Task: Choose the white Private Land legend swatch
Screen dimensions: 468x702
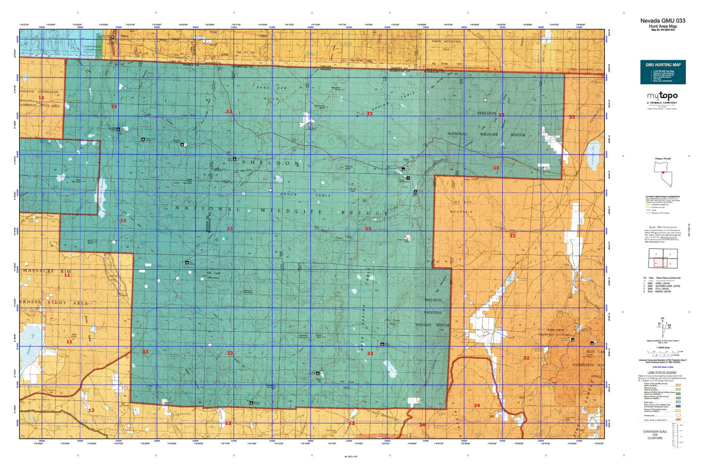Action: point(678,416)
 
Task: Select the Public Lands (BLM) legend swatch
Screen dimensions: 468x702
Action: point(678,385)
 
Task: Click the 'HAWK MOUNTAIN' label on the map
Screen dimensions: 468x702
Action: point(446,42)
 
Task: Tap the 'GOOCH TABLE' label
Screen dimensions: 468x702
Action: point(305,195)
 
